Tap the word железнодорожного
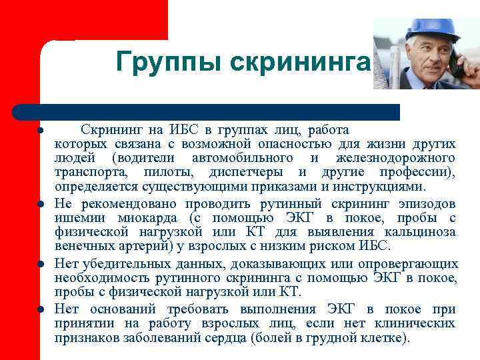396,158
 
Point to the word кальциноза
421,232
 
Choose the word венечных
83,246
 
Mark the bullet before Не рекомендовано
41,204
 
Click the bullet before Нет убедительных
41,264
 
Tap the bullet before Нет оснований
41,309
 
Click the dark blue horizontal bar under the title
207,111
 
